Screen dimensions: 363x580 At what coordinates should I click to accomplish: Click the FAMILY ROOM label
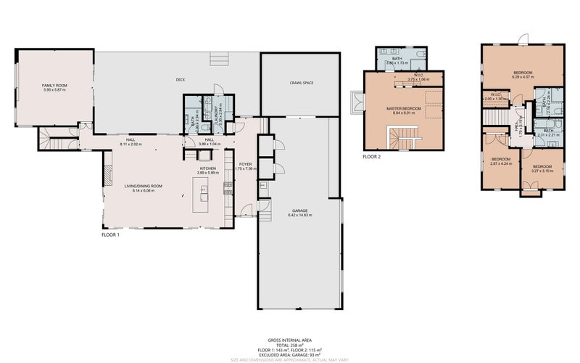54,86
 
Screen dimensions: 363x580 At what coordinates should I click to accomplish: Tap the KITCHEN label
208,168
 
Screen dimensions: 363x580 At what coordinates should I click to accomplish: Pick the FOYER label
246,164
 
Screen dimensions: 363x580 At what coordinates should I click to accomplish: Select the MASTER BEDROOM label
403,109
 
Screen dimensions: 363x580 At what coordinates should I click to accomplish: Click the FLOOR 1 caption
111,235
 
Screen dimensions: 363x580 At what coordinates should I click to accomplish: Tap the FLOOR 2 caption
372,156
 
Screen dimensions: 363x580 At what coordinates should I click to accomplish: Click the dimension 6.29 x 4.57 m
523,77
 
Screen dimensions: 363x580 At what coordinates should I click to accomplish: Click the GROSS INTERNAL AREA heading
290,338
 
